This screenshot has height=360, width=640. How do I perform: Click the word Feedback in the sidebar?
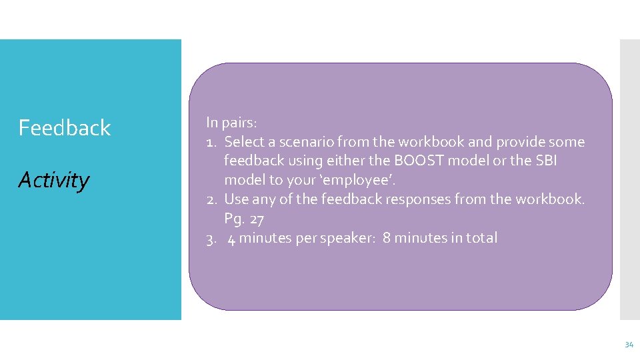[64, 127]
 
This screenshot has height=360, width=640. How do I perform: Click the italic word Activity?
[53, 180]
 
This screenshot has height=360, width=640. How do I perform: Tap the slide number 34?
[629, 345]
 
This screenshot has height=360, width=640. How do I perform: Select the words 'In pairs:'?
[231, 123]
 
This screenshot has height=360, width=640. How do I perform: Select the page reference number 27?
[257, 219]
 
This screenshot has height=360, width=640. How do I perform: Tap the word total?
[481, 238]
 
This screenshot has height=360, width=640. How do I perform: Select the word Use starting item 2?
[235, 199]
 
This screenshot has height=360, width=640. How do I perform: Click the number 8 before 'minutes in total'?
[387, 238]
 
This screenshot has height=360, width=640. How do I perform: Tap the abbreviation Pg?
[234, 219]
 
